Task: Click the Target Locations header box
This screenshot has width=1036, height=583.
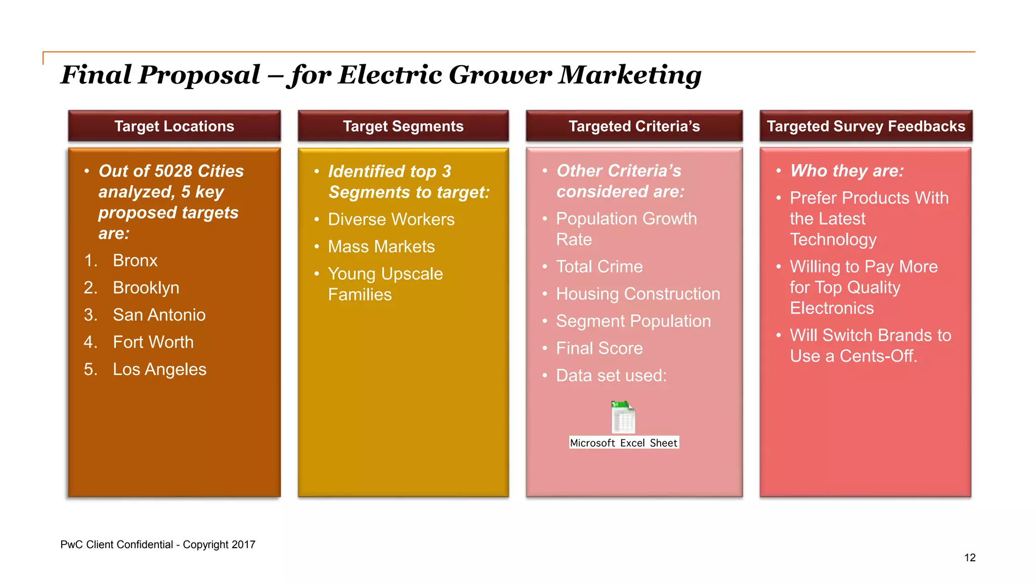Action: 174,126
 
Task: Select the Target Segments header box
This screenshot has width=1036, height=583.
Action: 403,126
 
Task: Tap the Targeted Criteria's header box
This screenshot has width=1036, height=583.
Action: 634,126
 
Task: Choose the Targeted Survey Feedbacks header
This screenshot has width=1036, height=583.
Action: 866,126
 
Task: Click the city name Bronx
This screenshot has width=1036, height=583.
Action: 135,261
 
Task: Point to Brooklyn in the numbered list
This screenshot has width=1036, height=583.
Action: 146,288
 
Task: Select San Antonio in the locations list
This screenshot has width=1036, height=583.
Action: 159,315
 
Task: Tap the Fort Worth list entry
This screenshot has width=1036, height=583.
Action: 153,343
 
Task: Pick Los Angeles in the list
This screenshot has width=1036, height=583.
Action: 159,370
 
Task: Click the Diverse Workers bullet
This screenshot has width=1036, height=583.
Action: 391,220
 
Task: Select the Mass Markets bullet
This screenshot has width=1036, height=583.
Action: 381,247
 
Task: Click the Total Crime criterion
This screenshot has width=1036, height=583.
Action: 599,267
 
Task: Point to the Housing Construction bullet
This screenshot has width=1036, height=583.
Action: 637,294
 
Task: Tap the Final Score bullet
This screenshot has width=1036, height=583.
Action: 599,349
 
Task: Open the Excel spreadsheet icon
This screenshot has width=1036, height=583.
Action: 623,417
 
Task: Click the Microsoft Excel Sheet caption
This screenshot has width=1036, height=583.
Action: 624,443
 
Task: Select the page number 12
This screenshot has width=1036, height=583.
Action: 970,558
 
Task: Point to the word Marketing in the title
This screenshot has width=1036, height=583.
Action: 630,75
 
